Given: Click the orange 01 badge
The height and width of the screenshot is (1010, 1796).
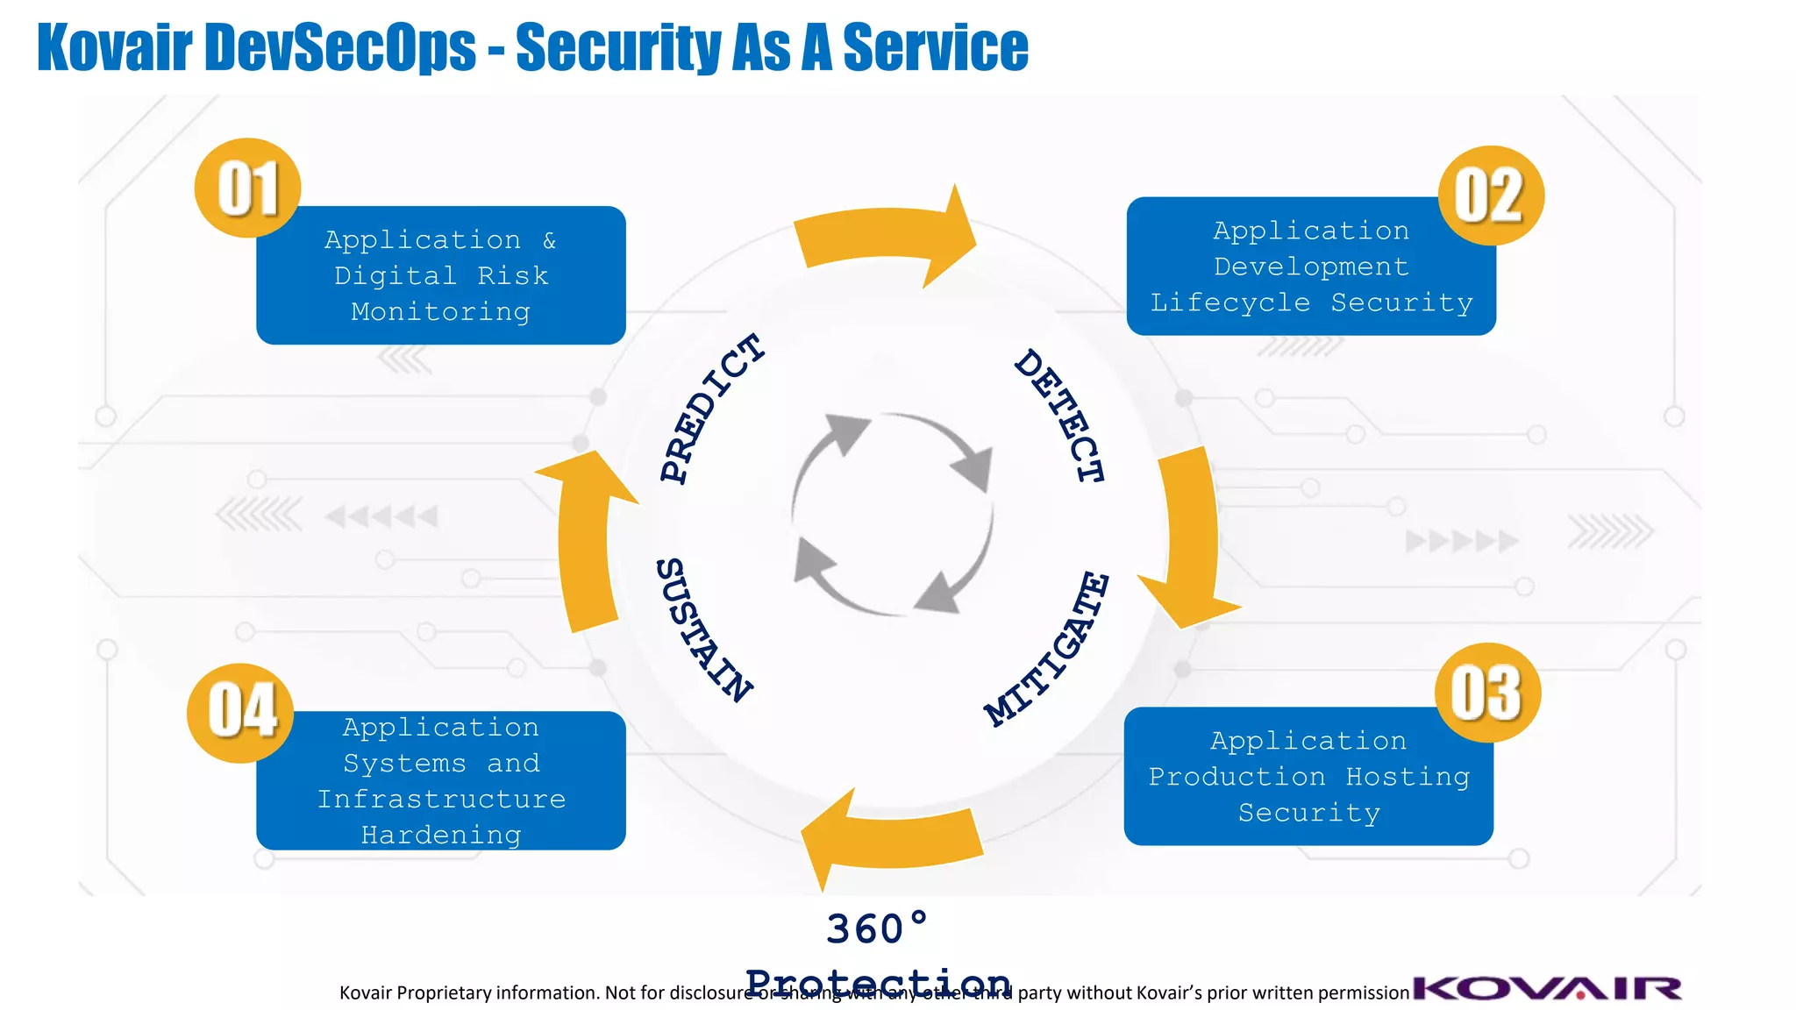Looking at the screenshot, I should click(247, 188).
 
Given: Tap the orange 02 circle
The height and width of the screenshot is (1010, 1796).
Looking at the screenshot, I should click(1491, 196).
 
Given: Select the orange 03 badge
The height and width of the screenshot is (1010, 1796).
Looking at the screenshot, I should click(1487, 693).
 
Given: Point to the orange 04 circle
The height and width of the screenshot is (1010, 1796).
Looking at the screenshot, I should click(240, 712).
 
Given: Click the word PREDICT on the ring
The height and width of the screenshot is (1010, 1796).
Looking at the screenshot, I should click(711, 408).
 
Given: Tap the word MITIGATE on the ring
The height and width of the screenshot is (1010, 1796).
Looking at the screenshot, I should click(1048, 649).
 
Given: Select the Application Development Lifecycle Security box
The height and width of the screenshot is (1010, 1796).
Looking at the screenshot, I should click(1310, 267).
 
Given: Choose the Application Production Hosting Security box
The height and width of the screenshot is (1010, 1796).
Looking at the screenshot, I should click(1308, 778).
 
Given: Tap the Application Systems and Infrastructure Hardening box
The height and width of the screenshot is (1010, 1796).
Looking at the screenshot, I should click(440, 781).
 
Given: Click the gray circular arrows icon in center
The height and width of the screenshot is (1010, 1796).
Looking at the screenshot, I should click(892, 514).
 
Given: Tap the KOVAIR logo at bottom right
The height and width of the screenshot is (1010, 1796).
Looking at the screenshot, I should click(1547, 988).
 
